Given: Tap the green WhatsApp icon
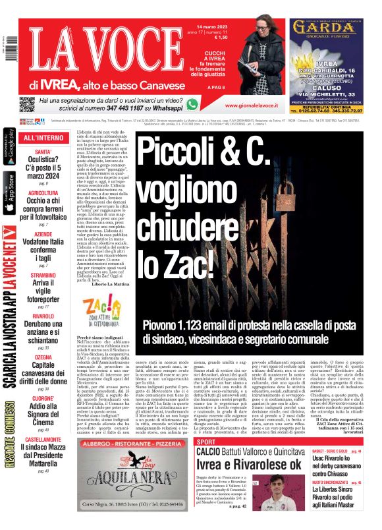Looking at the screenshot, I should [x=192, y=103].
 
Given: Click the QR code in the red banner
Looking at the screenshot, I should [x=26, y=104].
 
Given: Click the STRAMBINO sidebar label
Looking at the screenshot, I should [x=43, y=275].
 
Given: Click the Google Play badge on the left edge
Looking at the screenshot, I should [x=9, y=150].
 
